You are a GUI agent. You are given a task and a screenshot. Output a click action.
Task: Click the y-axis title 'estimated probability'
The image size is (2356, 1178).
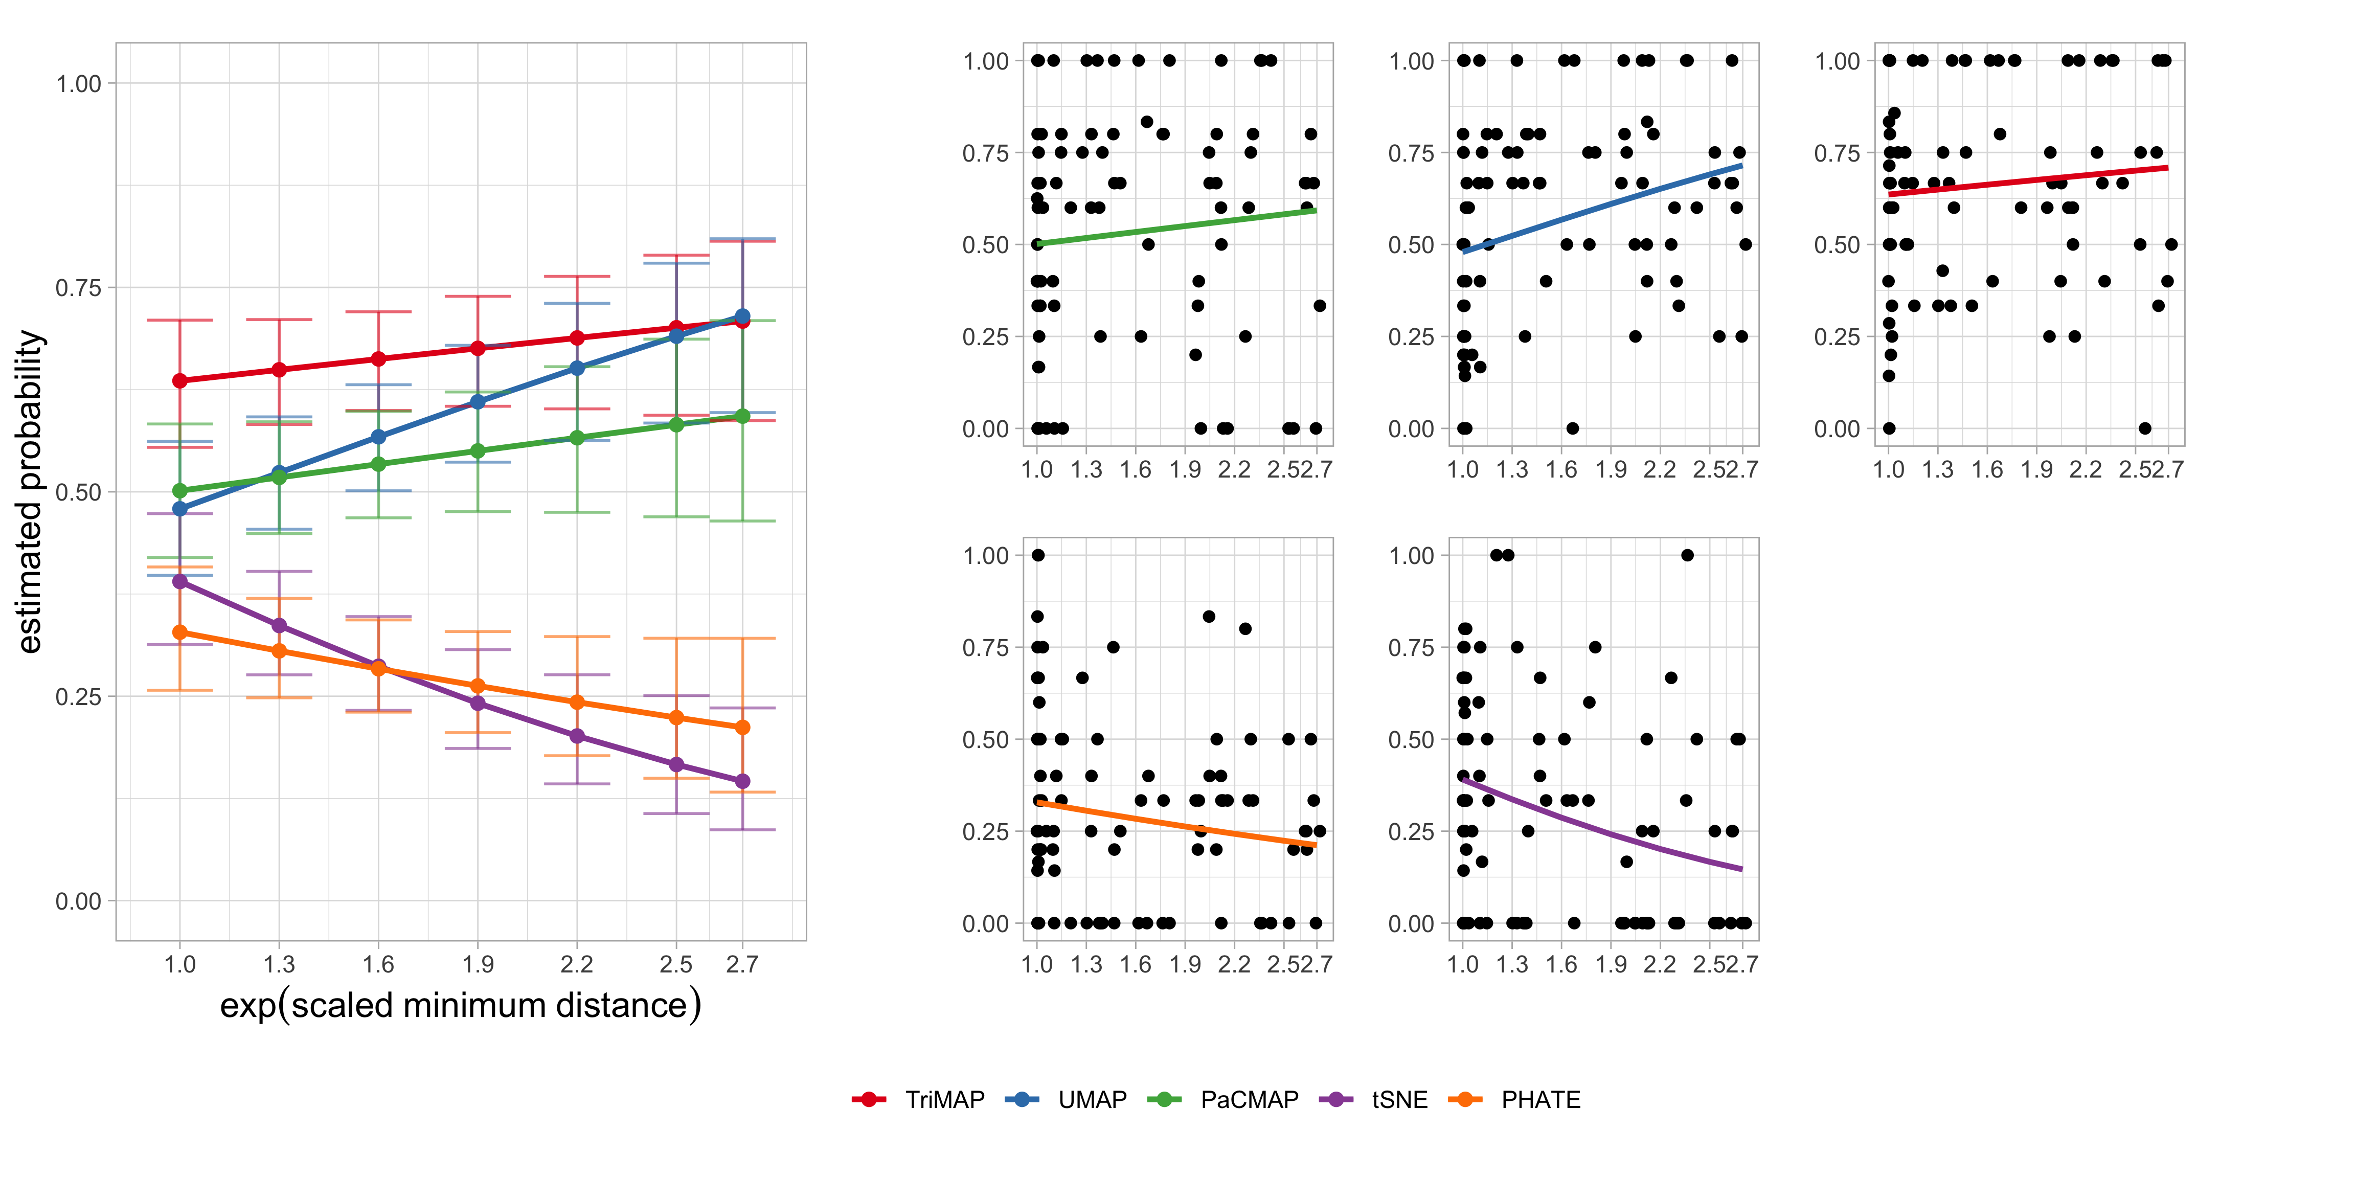pyautogui.click(x=30, y=492)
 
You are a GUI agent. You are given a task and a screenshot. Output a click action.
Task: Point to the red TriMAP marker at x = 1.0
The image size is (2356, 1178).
pyautogui.click(x=180, y=380)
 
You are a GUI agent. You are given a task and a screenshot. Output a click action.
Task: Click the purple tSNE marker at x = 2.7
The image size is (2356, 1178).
pyautogui.click(x=743, y=781)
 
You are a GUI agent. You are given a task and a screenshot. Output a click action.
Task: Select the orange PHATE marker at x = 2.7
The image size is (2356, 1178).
pyautogui.click(x=743, y=727)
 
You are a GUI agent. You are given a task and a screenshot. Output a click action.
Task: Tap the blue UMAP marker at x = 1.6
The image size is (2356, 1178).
pyautogui.click(x=379, y=437)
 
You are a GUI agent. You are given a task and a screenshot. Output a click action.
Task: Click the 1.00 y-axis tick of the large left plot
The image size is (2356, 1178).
pyautogui.click(x=79, y=84)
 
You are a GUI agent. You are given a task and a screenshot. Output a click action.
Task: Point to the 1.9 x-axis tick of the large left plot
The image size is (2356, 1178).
pyautogui.click(x=478, y=964)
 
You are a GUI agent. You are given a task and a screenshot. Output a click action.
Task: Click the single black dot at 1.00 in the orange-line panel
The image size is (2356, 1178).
pyautogui.click(x=1038, y=555)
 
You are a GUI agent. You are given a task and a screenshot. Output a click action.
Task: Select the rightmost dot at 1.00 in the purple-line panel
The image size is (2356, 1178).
pyautogui.click(x=1687, y=555)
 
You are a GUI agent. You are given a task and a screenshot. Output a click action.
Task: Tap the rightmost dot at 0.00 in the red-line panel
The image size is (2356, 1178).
pyautogui.click(x=2145, y=428)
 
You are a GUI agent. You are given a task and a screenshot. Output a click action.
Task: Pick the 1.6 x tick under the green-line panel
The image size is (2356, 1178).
pyautogui.click(x=1136, y=470)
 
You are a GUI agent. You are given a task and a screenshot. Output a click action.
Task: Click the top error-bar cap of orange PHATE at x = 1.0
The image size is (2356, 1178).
pyautogui.click(x=180, y=567)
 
